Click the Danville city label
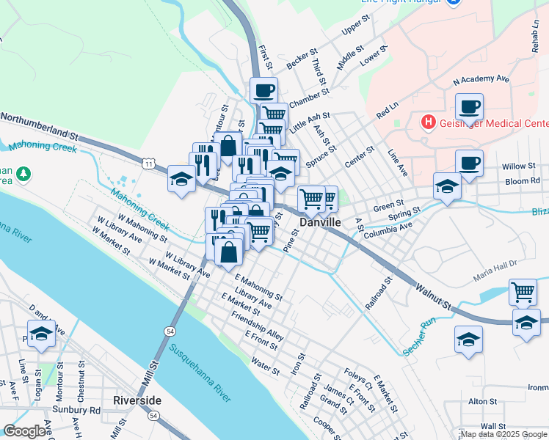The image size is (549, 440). [x=321, y=221]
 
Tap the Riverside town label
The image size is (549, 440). [x=137, y=400]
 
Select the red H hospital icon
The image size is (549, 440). [x=427, y=122]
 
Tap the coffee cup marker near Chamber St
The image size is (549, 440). [x=263, y=92]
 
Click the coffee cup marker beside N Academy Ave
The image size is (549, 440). [x=469, y=107]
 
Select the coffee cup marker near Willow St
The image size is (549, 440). [x=469, y=163]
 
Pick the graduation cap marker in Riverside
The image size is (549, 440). [x=42, y=334]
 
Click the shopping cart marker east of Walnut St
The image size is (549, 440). [x=523, y=292]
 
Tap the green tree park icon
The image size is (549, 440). [x=24, y=173]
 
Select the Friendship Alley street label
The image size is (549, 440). [x=257, y=324]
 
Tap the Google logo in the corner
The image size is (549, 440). [x=24, y=431]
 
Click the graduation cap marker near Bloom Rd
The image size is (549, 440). [x=446, y=186]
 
